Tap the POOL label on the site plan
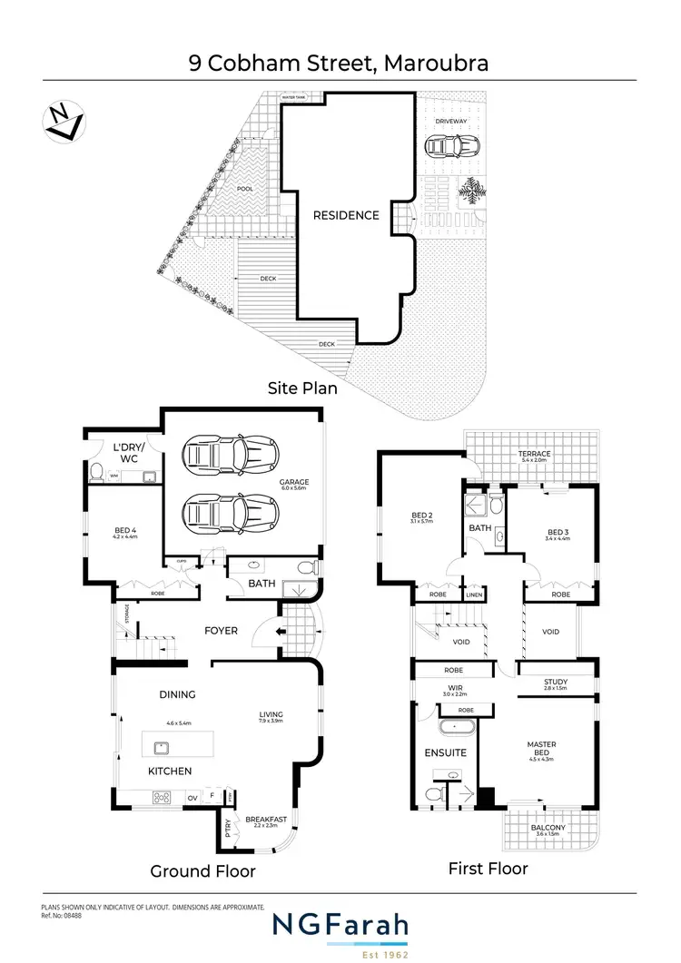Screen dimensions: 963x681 click(x=244, y=189)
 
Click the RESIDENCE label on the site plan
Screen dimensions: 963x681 click(x=346, y=216)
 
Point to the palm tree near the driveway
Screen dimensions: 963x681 click(x=474, y=191)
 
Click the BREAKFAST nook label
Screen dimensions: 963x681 click(x=266, y=820)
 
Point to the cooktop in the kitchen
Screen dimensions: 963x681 click(x=163, y=798)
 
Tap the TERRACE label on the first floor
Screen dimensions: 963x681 click(x=534, y=454)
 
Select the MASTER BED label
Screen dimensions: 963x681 click(x=541, y=749)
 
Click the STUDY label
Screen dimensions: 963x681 click(x=556, y=682)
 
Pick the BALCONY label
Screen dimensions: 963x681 click(x=548, y=828)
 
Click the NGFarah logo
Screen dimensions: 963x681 click(x=340, y=926)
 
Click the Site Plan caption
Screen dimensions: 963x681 click(x=302, y=388)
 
